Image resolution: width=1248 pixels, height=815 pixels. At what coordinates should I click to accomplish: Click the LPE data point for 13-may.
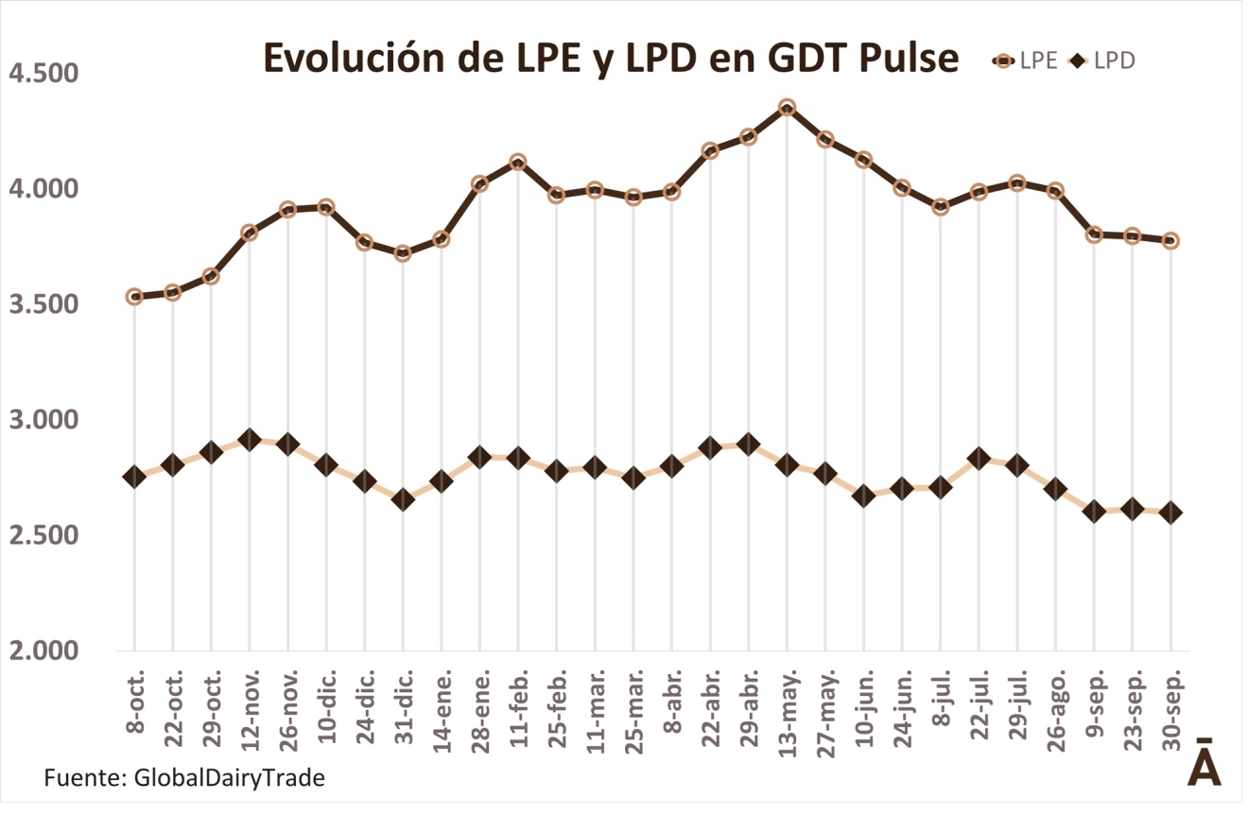(x=787, y=108)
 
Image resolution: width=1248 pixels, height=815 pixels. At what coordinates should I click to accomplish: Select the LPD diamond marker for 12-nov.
(x=250, y=440)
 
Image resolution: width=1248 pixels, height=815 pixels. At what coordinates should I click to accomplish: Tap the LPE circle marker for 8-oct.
(x=134, y=297)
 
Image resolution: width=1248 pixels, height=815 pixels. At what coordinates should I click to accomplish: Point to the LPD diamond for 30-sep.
(x=1170, y=512)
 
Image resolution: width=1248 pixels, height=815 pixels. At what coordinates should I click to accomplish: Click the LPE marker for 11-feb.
(x=518, y=163)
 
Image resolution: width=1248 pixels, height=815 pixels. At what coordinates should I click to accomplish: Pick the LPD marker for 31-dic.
(x=403, y=500)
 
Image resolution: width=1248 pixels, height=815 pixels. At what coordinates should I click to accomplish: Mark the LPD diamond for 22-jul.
(x=979, y=460)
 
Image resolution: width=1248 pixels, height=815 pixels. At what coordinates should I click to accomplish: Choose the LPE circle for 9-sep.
(x=1094, y=234)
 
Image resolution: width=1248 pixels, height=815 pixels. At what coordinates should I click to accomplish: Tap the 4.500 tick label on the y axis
(x=43, y=74)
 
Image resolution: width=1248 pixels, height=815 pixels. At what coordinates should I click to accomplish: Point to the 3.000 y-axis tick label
(x=43, y=420)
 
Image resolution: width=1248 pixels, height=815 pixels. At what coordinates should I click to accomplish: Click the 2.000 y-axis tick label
(x=43, y=651)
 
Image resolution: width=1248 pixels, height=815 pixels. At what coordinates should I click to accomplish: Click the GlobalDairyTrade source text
(x=229, y=778)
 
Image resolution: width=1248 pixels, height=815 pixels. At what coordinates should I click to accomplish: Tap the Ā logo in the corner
(x=1204, y=763)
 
